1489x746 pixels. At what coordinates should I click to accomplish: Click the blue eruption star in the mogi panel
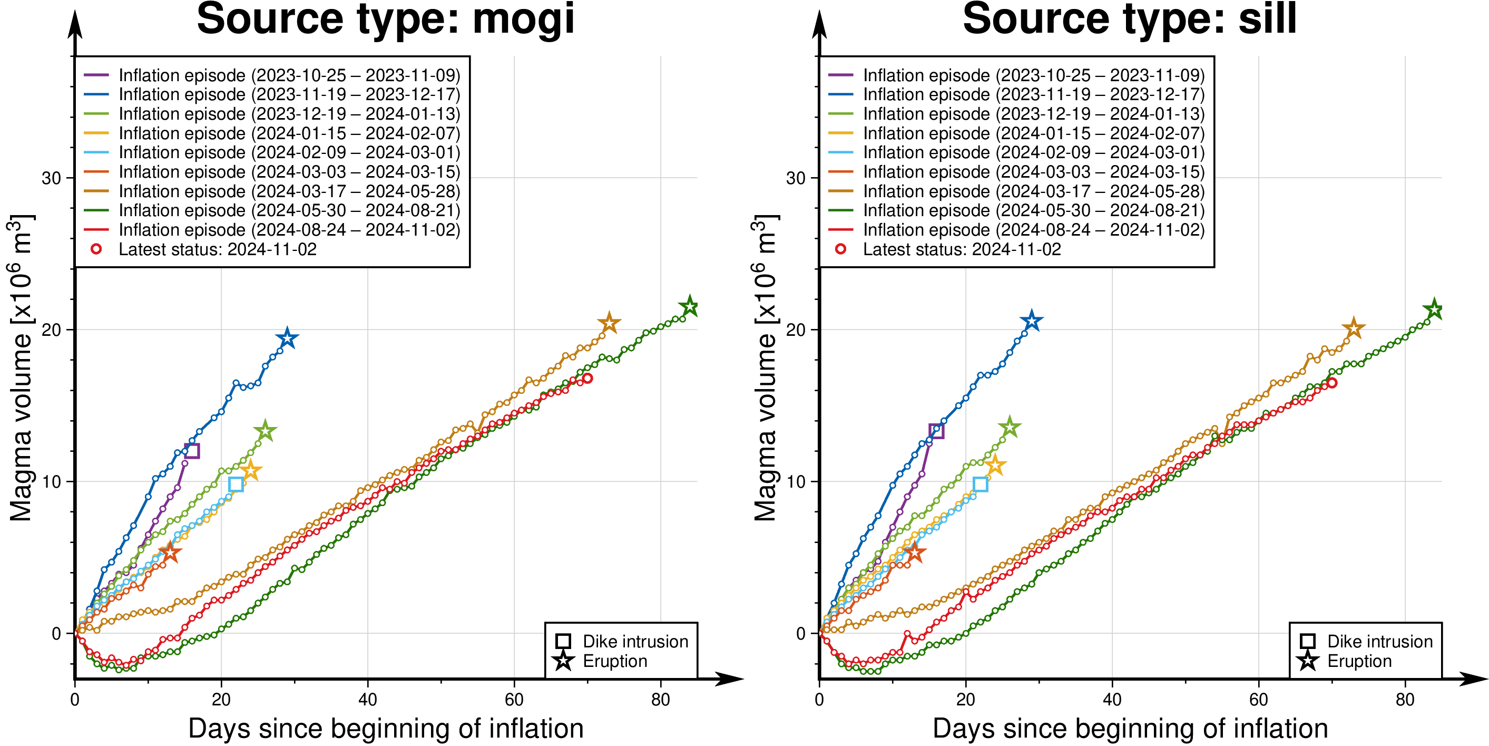[287, 338]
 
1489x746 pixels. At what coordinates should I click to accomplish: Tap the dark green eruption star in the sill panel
[1434, 309]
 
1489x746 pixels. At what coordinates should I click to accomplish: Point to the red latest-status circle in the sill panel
[1332, 383]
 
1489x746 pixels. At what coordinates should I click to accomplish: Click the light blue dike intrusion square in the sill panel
[981, 484]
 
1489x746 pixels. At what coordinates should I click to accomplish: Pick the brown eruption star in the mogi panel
[609, 323]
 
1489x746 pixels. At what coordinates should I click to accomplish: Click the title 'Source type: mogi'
[386, 20]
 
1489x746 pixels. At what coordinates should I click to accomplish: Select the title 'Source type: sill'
[1130, 20]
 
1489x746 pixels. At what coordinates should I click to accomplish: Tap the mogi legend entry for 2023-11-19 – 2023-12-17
[289, 94]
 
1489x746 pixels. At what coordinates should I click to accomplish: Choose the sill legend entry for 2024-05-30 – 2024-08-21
[1034, 210]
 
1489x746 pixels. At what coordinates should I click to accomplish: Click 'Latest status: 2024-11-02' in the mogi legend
[217, 249]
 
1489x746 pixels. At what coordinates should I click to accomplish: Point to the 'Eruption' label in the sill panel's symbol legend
[1359, 661]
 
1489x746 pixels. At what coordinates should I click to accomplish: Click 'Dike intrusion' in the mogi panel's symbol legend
[635, 641]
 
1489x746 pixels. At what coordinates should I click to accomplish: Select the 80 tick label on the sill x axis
[1405, 700]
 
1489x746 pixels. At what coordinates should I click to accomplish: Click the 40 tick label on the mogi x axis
[368, 700]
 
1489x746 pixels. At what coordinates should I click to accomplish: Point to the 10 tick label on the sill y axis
[796, 482]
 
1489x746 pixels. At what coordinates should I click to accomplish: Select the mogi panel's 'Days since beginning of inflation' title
[386, 729]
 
